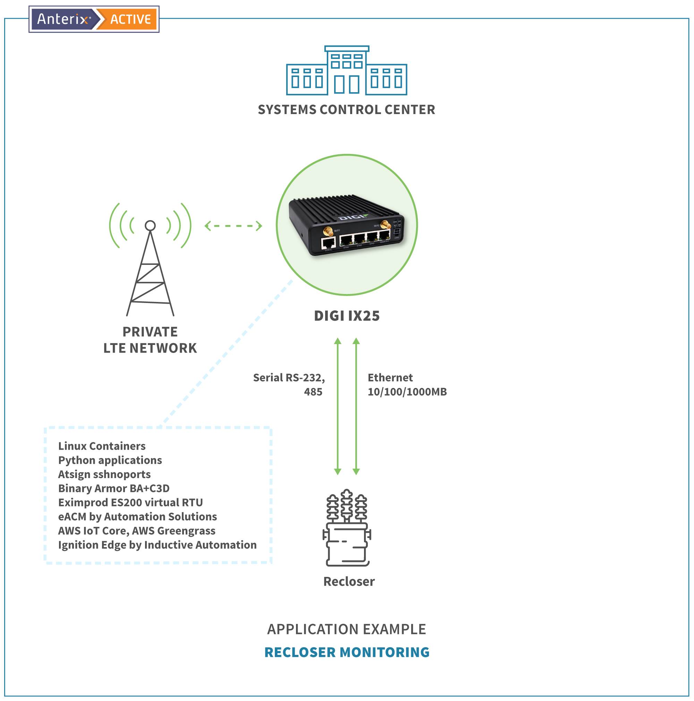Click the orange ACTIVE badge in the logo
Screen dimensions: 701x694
(130, 19)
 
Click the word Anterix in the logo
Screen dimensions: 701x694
(63, 19)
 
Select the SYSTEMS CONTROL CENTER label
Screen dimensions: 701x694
(346, 110)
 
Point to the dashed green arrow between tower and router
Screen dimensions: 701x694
(233, 226)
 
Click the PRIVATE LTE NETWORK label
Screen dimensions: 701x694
(150, 340)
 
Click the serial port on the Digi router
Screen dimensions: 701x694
(328, 243)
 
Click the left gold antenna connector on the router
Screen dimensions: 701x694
(328, 231)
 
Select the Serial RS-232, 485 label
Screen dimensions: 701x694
(289, 384)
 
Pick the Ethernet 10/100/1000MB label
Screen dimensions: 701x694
(407, 384)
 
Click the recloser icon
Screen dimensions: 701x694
(346, 528)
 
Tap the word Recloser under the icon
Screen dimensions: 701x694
(349, 582)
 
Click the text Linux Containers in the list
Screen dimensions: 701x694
(102, 446)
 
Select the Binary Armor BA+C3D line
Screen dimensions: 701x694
(114, 488)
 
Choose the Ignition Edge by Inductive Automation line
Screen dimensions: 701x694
(157, 545)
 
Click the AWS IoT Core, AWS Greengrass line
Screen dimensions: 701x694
(137, 531)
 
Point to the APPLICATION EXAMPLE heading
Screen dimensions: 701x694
(346, 629)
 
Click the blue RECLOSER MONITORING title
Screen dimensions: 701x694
(346, 652)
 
